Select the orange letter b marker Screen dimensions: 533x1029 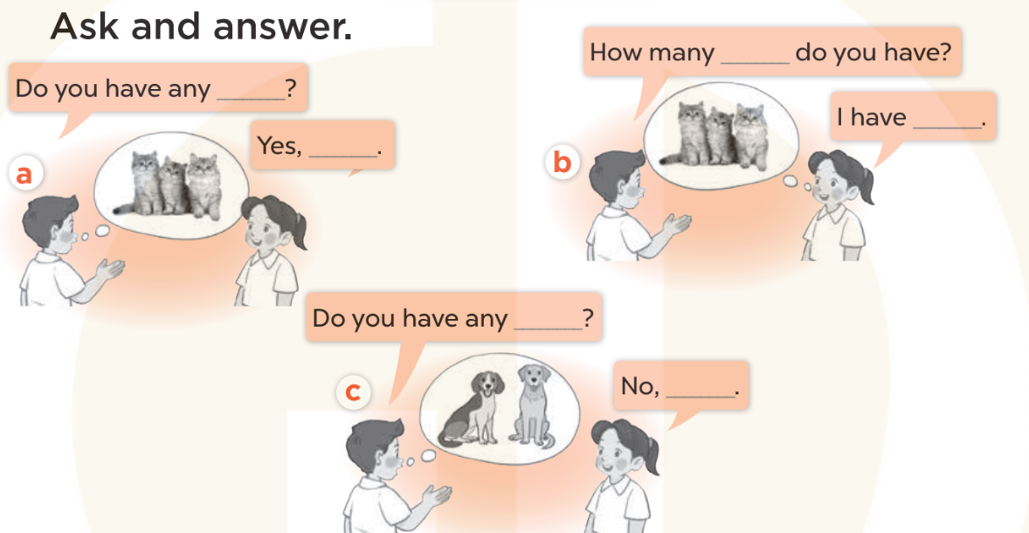(563, 163)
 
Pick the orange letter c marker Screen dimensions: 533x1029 (353, 392)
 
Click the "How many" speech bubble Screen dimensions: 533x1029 (772, 53)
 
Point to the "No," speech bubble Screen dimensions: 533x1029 (680, 385)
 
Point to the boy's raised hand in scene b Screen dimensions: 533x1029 (673, 225)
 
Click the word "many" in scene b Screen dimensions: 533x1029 (682, 53)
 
